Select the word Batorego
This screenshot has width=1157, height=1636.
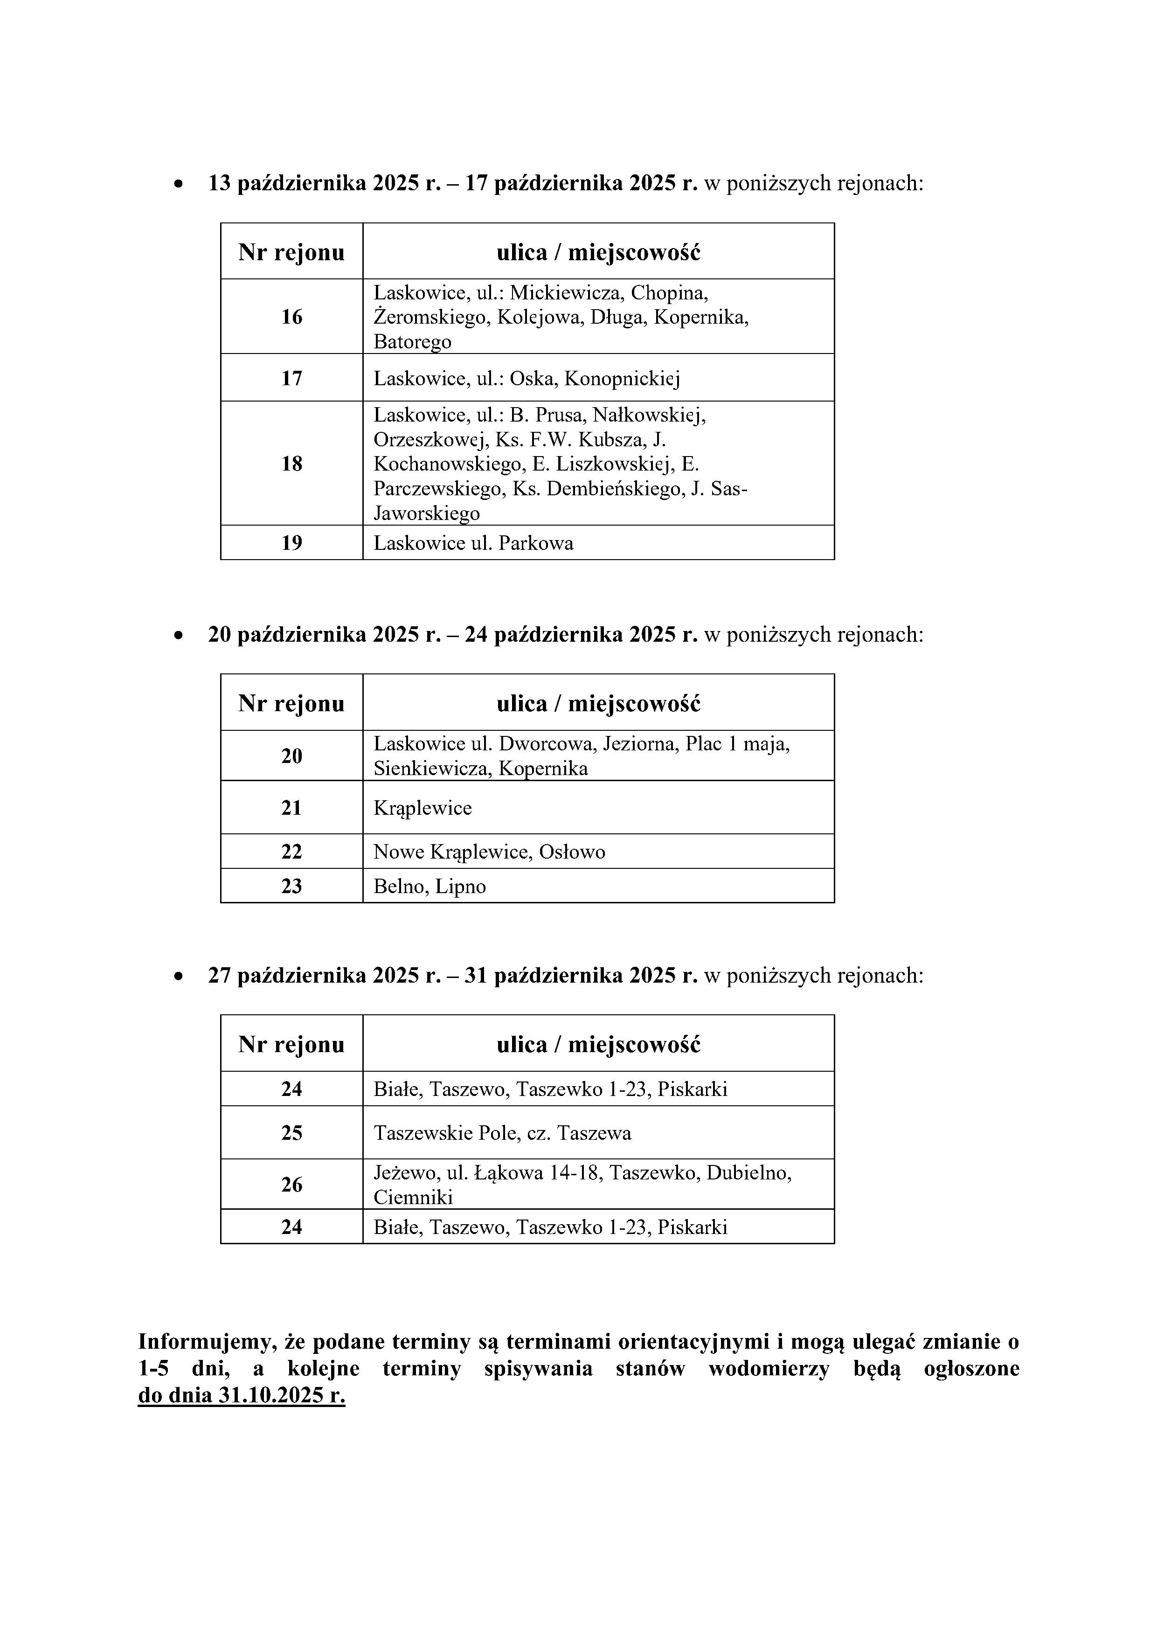pyautogui.click(x=413, y=341)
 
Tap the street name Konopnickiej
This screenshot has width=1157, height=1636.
pyautogui.click(x=622, y=378)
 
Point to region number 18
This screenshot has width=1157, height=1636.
pyautogui.click(x=291, y=464)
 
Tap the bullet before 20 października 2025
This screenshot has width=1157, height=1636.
pyautogui.click(x=179, y=635)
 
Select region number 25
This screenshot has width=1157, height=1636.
pyautogui.click(x=291, y=1133)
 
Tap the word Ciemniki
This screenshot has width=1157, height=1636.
pyautogui.click(x=413, y=1197)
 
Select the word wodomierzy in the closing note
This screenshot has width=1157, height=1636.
pyautogui.click(x=769, y=1368)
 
